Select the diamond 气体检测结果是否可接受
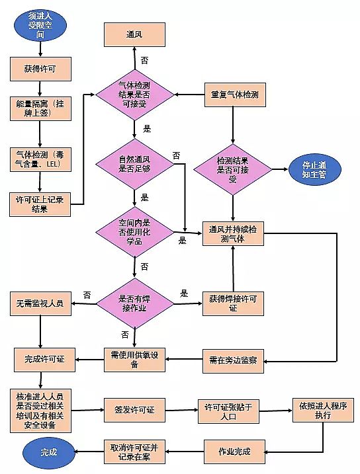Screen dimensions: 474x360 click(x=134, y=95)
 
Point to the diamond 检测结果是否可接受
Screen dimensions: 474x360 click(x=232, y=169)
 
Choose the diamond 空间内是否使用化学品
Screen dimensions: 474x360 click(x=134, y=233)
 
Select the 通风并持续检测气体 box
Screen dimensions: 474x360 click(x=232, y=233)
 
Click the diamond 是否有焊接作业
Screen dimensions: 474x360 click(x=134, y=303)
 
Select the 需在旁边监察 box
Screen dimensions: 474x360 click(x=232, y=360)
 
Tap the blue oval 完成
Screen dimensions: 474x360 click(x=48, y=452)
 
